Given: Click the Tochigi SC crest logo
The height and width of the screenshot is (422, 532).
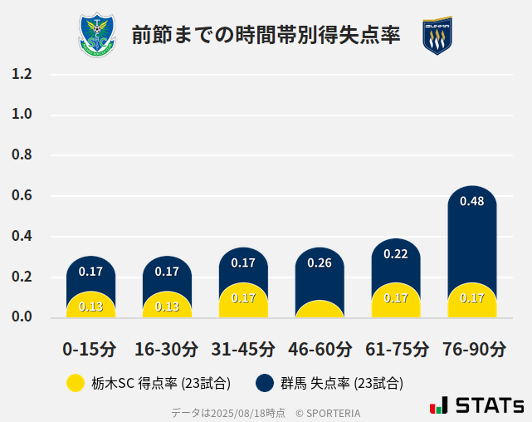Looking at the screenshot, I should [x=97, y=36].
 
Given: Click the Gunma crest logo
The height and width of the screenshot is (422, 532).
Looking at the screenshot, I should [x=437, y=36].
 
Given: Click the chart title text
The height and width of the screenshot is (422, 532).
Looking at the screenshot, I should [x=266, y=35].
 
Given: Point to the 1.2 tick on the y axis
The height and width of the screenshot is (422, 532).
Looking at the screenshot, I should [x=22, y=74].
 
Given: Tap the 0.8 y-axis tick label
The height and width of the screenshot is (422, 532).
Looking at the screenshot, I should [x=22, y=155].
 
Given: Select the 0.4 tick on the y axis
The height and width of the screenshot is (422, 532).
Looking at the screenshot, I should [x=22, y=236].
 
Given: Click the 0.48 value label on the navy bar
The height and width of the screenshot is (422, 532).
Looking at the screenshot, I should [x=471, y=201].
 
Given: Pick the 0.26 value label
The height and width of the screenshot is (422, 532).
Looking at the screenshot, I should [x=320, y=263].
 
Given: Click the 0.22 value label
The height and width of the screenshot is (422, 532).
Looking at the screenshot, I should [x=396, y=253].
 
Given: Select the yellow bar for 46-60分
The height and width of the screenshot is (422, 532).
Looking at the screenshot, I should [x=320, y=310].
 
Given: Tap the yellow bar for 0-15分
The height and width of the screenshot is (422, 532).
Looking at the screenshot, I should [x=90, y=305].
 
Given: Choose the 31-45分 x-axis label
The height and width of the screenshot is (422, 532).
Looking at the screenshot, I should [x=243, y=349].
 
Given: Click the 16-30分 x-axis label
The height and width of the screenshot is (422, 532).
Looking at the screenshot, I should [x=167, y=349].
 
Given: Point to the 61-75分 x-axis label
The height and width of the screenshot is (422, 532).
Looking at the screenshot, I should [x=396, y=349].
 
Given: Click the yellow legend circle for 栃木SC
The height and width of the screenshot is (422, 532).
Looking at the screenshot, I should [x=76, y=383].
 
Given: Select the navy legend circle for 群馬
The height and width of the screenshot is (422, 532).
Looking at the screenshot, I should [x=265, y=383].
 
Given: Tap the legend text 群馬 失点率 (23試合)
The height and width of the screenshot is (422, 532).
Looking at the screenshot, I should [x=341, y=383].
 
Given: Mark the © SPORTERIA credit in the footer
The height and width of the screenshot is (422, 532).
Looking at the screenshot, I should [x=328, y=413].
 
